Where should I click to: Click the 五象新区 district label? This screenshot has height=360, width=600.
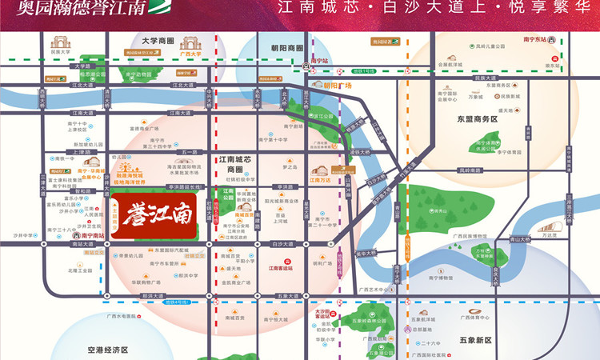click(475, 340)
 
